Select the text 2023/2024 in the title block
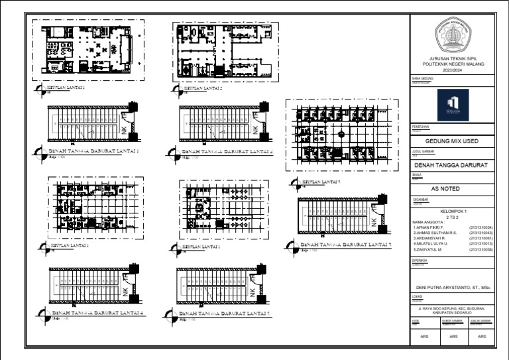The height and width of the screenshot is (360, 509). (452, 68)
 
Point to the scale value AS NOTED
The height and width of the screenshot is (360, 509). (445, 189)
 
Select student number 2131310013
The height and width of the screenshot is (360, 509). (481, 243)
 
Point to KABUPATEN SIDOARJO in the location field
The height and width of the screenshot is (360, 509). (453, 314)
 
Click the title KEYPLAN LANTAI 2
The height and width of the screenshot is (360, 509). (202, 88)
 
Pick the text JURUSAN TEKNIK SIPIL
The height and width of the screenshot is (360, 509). (453, 58)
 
